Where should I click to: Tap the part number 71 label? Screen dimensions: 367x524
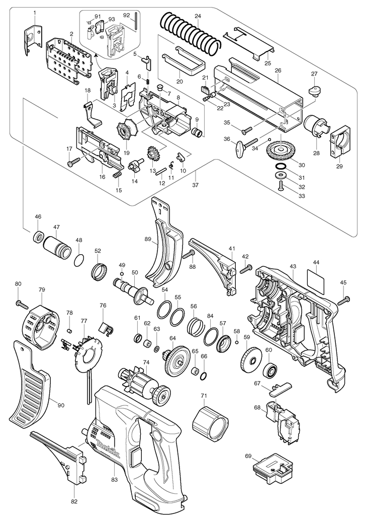pyautogui.click(x=204, y=396)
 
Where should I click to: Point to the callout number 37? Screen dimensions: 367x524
pyautogui.click(x=195, y=184)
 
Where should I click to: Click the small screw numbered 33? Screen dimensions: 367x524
pyautogui.click(x=281, y=184)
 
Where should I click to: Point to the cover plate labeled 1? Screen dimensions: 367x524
pyautogui.click(x=33, y=40)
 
